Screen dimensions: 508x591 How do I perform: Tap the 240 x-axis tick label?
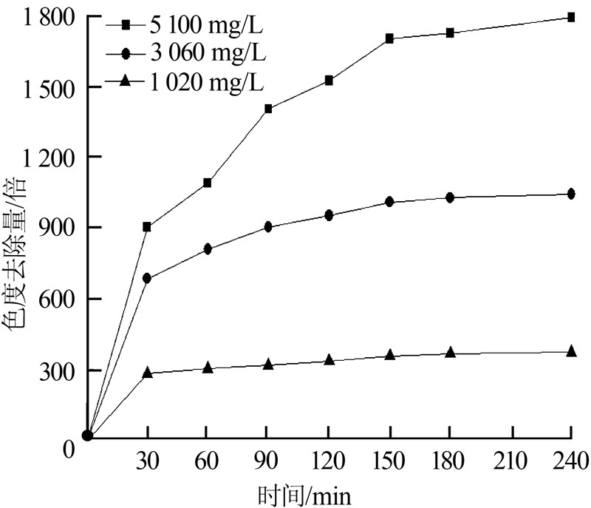click(x=571, y=464)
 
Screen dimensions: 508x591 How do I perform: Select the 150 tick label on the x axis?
click(x=389, y=464)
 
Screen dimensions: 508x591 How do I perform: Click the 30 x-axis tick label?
click(x=148, y=464)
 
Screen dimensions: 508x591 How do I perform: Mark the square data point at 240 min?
click(x=571, y=17)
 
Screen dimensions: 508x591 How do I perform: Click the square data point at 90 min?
click(x=268, y=109)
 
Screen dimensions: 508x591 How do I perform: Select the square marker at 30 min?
click(x=148, y=227)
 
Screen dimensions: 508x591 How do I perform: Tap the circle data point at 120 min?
click(x=329, y=216)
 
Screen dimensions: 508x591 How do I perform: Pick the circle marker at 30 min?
click(x=148, y=278)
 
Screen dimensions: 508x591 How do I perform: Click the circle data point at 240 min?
click(x=571, y=194)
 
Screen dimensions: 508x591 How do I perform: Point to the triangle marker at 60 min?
click(x=208, y=367)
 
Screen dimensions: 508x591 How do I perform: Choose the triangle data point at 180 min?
click(x=450, y=353)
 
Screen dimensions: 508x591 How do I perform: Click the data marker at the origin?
click(x=87, y=436)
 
